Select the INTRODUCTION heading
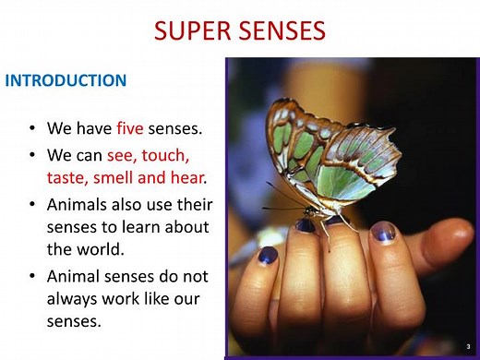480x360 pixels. [x=66, y=80]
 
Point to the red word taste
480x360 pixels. [x=66, y=175]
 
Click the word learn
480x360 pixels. [x=146, y=226]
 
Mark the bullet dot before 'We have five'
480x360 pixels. [x=33, y=128]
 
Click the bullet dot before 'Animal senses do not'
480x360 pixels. [x=33, y=277]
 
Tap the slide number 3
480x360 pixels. [x=468, y=345]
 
